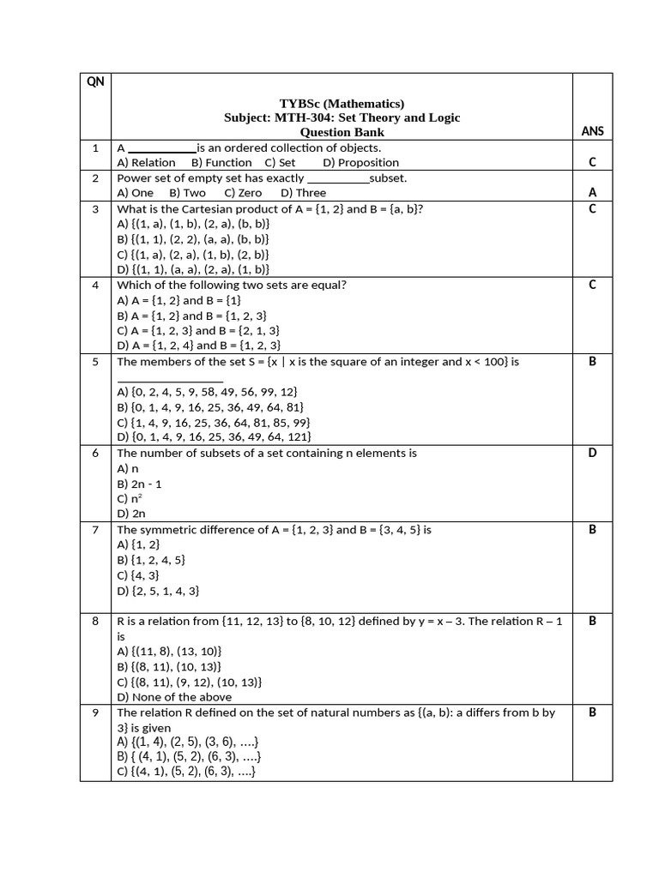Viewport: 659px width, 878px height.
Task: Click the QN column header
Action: [94, 83]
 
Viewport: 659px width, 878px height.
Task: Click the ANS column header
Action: [592, 131]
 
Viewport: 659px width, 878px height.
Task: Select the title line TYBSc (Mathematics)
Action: [342, 104]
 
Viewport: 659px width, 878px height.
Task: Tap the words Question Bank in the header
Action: [342, 132]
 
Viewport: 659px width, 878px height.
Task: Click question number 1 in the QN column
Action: [95, 148]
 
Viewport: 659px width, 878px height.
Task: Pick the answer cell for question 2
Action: [592, 192]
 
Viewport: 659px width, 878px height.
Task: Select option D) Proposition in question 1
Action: [360, 162]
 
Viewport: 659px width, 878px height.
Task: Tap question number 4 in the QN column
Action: [95, 285]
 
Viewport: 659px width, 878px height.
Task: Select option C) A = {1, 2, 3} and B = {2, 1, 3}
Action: [198, 330]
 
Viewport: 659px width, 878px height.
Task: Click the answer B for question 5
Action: [592, 362]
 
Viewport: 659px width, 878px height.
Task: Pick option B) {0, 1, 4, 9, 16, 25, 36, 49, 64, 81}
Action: [209, 407]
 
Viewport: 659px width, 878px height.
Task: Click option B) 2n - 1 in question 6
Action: [142, 484]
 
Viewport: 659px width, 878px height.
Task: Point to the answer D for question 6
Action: [592, 453]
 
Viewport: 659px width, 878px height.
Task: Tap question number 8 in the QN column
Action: [95, 621]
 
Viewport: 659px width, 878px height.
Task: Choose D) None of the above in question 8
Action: [174, 697]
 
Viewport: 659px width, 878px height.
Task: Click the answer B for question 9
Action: [592, 713]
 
